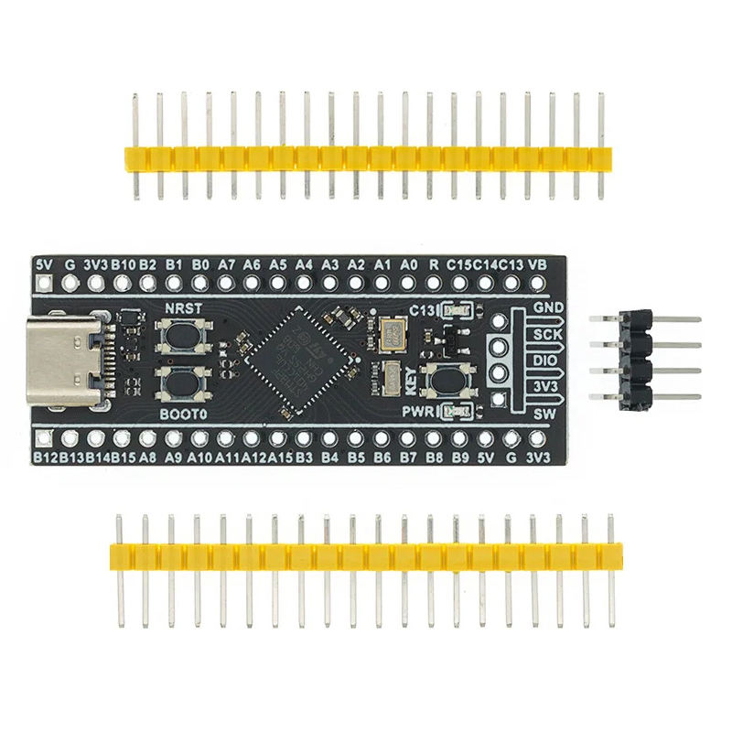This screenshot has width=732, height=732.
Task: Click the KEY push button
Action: [x=448, y=377]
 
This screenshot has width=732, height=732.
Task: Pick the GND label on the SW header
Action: [x=549, y=307]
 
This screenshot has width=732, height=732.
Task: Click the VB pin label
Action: [x=539, y=264]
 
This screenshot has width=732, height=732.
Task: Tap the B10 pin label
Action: [x=123, y=264]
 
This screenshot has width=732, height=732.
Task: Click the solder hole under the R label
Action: [x=435, y=283]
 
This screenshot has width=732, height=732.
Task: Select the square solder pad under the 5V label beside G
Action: [x=43, y=283]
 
